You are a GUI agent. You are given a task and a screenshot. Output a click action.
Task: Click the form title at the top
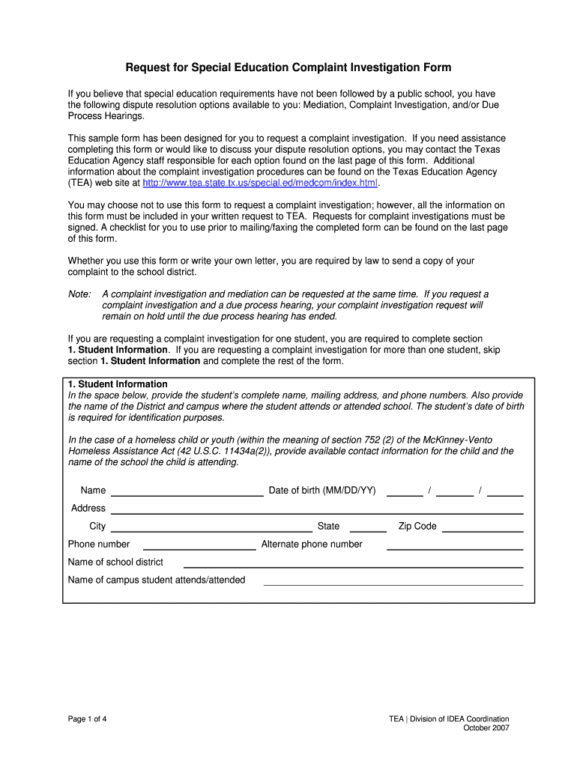coord(288,68)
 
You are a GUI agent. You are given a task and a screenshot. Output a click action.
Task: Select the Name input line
coord(187,491)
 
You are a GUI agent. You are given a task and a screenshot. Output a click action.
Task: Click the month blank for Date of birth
coord(405,491)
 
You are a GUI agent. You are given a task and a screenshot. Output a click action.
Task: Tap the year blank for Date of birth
coord(505,491)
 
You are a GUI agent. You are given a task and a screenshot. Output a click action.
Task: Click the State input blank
coord(368,527)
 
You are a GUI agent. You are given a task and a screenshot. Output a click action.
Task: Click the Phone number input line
coord(199,545)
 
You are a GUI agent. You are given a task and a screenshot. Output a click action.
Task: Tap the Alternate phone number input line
coord(454,545)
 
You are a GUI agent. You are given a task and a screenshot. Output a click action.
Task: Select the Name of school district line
coord(353,563)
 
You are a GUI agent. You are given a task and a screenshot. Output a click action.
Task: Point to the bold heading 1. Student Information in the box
coord(118,384)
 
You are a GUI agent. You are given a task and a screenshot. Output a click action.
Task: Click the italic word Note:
coord(79,294)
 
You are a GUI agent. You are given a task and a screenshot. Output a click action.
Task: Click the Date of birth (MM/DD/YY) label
coord(322,491)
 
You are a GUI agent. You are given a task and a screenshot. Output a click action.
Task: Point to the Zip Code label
coord(417,527)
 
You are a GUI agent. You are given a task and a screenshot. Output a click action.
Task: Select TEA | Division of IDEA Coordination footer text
coord(449,719)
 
